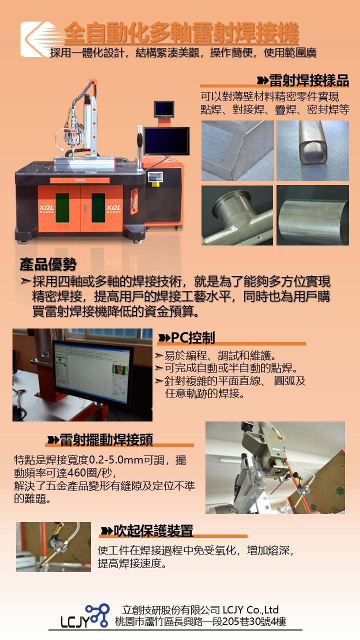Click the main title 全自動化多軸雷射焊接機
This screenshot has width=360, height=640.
[x=181, y=34]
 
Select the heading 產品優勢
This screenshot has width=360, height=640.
[x=48, y=264]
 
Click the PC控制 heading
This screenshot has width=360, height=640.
[x=193, y=338]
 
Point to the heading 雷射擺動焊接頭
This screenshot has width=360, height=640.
[x=106, y=440]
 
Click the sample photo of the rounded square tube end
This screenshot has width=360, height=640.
[x=312, y=150]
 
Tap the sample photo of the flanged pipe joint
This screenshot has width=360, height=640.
[x=237, y=215]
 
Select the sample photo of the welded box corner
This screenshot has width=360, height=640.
[x=237, y=150]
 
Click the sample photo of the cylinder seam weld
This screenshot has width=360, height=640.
[x=312, y=215]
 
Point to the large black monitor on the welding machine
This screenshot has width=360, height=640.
[x=166, y=141]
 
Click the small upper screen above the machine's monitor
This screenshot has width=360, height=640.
[x=163, y=108]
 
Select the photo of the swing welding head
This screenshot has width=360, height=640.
[x=275, y=467]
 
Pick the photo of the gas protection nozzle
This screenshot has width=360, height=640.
[x=53, y=546]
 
